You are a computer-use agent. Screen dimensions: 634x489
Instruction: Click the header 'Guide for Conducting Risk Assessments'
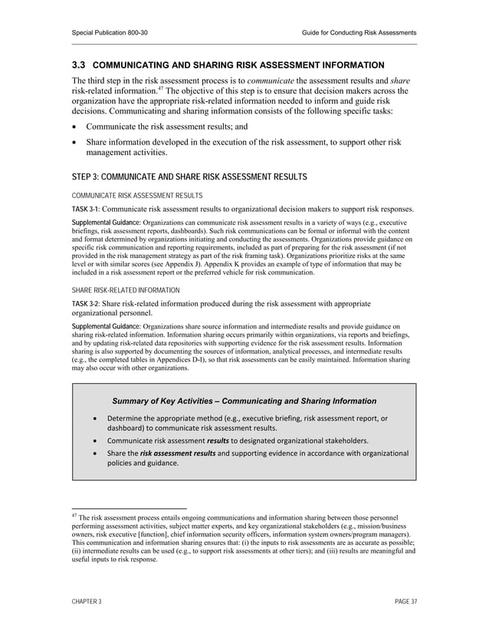click(359, 32)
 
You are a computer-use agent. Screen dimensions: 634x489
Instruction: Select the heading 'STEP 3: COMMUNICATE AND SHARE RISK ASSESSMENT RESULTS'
click(189, 177)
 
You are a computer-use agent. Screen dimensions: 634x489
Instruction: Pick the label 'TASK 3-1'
click(85, 209)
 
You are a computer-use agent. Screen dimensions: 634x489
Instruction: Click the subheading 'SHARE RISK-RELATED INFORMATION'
click(126, 290)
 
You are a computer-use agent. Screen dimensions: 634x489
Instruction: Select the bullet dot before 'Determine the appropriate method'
click(94, 418)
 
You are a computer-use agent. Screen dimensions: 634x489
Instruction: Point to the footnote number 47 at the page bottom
click(74, 516)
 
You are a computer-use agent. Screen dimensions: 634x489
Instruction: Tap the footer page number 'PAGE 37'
click(403, 602)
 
